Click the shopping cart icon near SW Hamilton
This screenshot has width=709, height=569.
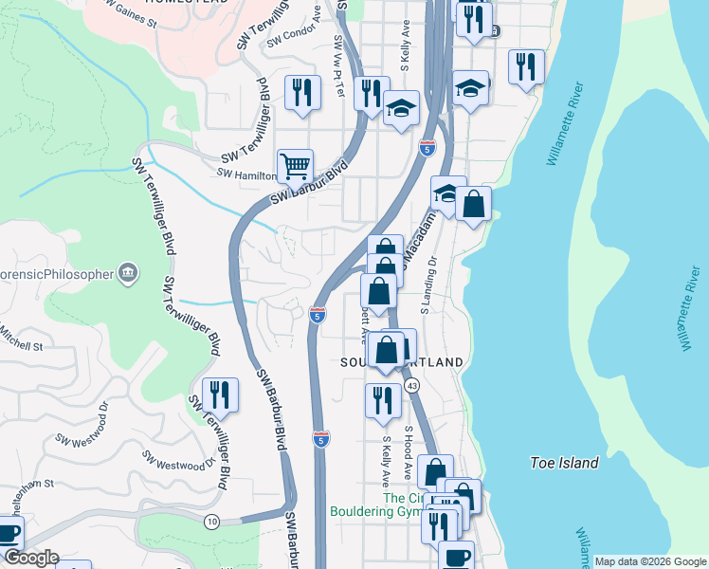pyautogui.click(x=296, y=167)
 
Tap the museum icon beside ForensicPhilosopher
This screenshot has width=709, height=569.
pyautogui.click(x=127, y=275)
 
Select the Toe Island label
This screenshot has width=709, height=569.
pyautogui.click(x=564, y=463)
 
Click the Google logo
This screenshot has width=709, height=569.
pyautogui.click(x=30, y=558)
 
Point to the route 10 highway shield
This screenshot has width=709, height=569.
pyautogui.click(x=210, y=522)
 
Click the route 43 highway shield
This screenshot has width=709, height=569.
pyautogui.click(x=411, y=386)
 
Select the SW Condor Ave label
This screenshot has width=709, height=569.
pyautogui.click(x=293, y=37)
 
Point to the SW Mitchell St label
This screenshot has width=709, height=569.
pyautogui.click(x=21, y=339)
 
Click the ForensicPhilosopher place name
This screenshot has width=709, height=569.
pyautogui.click(x=51, y=275)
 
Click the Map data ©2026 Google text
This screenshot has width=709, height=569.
pyautogui.click(x=649, y=561)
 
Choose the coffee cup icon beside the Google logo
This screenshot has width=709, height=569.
pyautogui.click(x=8, y=535)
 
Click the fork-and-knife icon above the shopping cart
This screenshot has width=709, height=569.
pyautogui.click(x=301, y=92)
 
